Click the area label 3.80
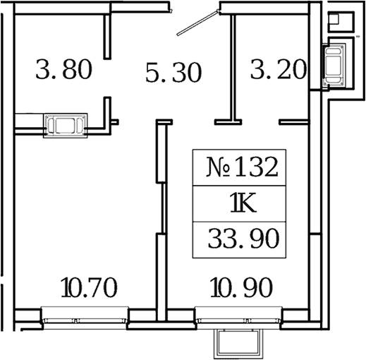tap(63, 71)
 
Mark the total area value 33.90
tap(243, 239)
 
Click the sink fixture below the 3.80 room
tap(65, 126)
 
